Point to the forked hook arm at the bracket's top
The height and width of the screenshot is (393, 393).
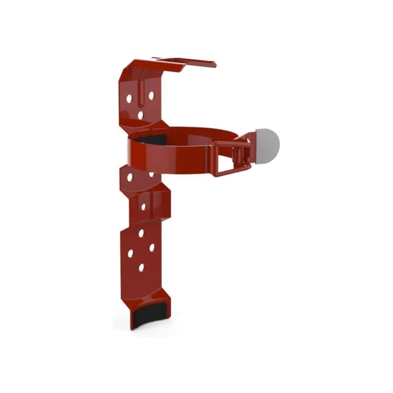pos(189,63)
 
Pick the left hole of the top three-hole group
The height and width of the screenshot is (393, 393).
pos(129,98)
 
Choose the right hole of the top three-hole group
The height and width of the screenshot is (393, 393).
pos(151,95)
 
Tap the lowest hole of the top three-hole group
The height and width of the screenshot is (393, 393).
pos(140,115)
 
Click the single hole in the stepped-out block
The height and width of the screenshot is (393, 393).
pos(143,206)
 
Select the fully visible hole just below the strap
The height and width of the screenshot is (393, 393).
pos(130,178)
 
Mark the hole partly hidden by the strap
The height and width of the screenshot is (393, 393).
pos(152,174)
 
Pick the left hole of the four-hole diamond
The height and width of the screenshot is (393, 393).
pos(130,253)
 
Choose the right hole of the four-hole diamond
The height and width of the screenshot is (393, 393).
pos(152,248)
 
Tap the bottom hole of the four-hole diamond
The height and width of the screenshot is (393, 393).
pos(141,268)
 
